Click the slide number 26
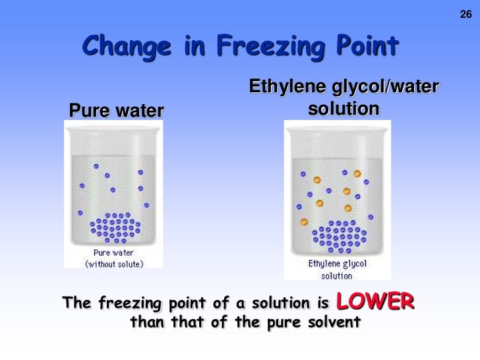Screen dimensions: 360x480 pyautogui.click(x=465, y=15)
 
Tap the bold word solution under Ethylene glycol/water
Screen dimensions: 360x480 pyautogui.click(x=344, y=108)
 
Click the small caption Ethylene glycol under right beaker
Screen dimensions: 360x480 pyautogui.click(x=337, y=264)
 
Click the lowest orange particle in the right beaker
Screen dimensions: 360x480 pyautogui.click(x=304, y=222)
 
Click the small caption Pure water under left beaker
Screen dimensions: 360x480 pyautogui.click(x=113, y=253)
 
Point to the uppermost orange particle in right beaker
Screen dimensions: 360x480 pyautogui.click(x=357, y=174)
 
